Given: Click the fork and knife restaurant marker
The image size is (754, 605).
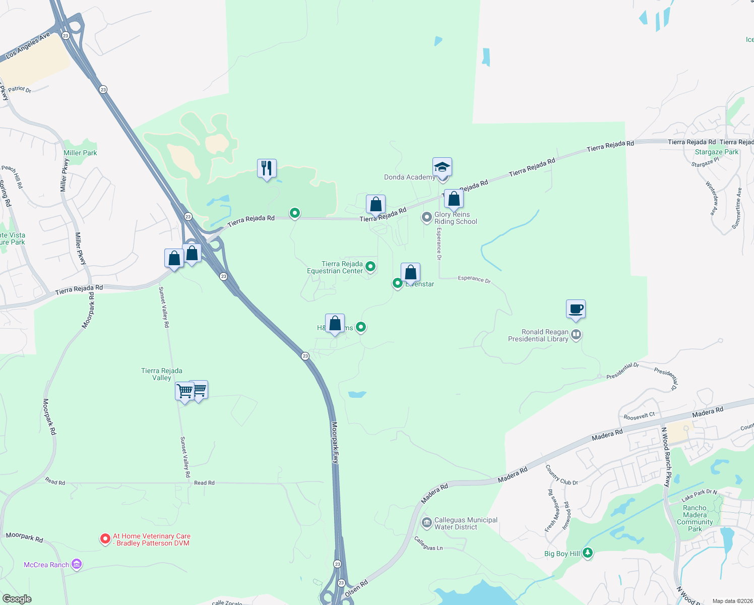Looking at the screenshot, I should click(x=267, y=168).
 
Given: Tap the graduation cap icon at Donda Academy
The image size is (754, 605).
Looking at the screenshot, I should click(x=442, y=167).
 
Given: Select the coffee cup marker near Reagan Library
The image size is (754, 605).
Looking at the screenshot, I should click(x=576, y=309).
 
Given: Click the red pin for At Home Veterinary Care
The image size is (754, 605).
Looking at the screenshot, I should click(x=105, y=539).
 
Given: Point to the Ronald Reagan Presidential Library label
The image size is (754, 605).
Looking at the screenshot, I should click(x=538, y=336).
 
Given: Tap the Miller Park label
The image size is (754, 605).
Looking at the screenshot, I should click(x=80, y=153).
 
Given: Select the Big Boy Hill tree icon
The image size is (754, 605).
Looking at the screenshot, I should click(x=587, y=553).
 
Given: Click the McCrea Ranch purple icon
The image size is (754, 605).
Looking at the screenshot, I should click(x=77, y=564).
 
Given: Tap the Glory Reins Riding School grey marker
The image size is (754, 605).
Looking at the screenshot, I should click(x=427, y=217).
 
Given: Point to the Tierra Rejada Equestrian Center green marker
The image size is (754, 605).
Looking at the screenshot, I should click(x=370, y=266).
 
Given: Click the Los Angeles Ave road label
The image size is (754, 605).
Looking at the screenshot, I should click(x=28, y=46).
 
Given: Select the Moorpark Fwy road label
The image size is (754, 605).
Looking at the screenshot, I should click(x=335, y=443).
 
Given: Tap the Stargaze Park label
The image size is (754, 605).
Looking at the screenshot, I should click(x=716, y=152).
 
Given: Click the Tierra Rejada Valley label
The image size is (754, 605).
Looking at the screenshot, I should click(x=162, y=374).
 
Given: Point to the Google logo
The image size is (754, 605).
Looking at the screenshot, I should click(x=17, y=599).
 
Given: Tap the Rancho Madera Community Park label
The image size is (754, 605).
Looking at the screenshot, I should click(x=695, y=518).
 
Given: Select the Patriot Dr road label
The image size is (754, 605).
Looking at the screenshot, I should click(x=20, y=89).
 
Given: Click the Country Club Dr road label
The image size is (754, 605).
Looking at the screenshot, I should click(x=561, y=475).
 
